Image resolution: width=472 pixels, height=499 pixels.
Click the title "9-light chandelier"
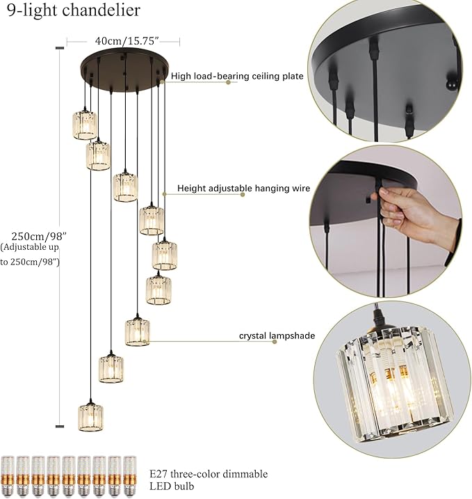73,10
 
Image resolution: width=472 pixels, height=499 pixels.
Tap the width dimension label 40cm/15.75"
123,41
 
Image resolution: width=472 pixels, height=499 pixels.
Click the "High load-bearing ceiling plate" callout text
236,77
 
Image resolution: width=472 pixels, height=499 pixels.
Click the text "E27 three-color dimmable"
209,474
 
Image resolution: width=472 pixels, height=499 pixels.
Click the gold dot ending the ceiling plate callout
228,82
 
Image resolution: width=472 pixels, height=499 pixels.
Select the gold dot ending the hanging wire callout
243,194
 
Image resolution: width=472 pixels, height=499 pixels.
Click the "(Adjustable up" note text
29,247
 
